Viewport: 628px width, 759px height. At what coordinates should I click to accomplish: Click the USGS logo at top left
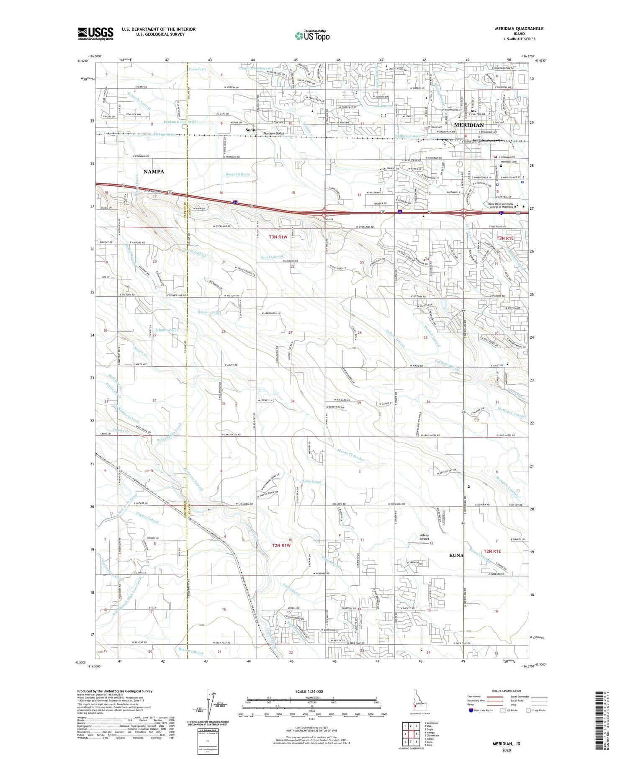tap(95, 33)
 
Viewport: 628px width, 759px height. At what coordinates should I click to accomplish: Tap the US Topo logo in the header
tap(312, 36)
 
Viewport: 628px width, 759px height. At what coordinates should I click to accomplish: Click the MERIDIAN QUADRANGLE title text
tap(519, 28)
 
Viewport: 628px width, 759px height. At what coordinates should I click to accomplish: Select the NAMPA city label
tap(154, 172)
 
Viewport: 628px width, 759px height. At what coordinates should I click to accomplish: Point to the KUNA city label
tap(456, 555)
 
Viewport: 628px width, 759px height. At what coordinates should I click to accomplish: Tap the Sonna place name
tap(251, 130)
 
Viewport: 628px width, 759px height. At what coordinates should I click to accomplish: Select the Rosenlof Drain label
tap(238, 174)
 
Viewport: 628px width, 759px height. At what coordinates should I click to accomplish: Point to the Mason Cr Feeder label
tap(351, 455)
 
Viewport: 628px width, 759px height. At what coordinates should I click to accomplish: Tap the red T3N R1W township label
tap(278, 237)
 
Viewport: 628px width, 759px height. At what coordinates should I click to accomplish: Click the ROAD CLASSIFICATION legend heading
tap(507, 691)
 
